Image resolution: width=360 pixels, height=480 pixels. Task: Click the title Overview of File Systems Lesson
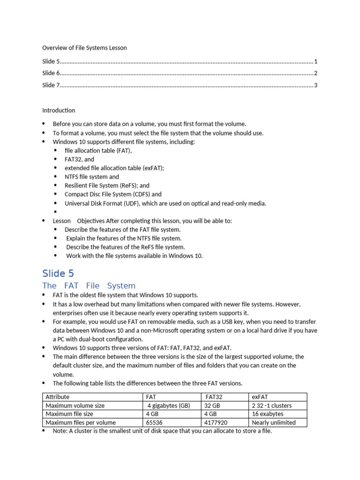84,48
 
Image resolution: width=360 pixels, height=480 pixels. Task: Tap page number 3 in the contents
316,85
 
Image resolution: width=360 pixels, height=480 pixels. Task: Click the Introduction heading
59,111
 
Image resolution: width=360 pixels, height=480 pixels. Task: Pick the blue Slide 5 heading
58,273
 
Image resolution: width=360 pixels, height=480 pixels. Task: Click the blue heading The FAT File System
89,285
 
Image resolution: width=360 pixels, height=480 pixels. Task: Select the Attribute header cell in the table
57,397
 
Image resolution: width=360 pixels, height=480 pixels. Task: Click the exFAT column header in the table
260,397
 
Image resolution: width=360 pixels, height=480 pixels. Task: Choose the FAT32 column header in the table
214,397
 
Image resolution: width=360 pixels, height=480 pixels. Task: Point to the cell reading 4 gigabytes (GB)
169,405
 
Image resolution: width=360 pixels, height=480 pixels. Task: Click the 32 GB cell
211,405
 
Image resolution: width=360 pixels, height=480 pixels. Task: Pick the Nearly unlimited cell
274,422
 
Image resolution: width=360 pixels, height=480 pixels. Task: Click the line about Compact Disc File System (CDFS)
113,194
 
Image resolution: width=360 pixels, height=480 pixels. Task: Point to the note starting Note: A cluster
162,431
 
